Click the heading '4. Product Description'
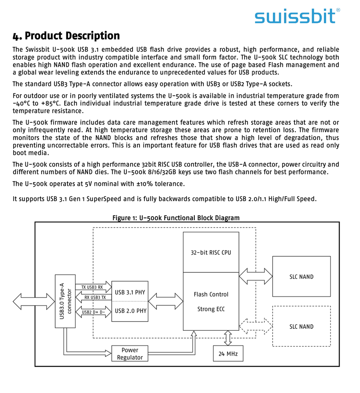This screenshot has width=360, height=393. [66, 36]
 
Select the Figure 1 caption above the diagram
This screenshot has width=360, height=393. [176, 218]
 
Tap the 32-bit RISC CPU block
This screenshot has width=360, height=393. [211, 252]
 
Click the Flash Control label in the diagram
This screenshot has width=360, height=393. [211, 294]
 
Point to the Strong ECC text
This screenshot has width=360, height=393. [211, 309]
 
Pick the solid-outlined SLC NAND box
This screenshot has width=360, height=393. [301, 277]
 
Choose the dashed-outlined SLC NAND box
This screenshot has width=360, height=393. [301, 326]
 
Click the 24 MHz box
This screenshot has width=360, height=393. [228, 353]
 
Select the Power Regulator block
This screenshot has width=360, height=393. [130, 354]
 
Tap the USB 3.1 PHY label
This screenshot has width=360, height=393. [130, 292]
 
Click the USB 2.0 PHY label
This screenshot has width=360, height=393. [130, 311]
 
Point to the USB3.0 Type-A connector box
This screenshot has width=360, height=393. [65, 301]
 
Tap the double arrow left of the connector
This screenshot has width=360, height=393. [34, 301]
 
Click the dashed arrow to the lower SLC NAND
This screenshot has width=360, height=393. [256, 326]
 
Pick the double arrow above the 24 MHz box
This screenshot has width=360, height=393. [228, 338]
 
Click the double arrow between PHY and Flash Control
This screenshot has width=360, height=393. [165, 301]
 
